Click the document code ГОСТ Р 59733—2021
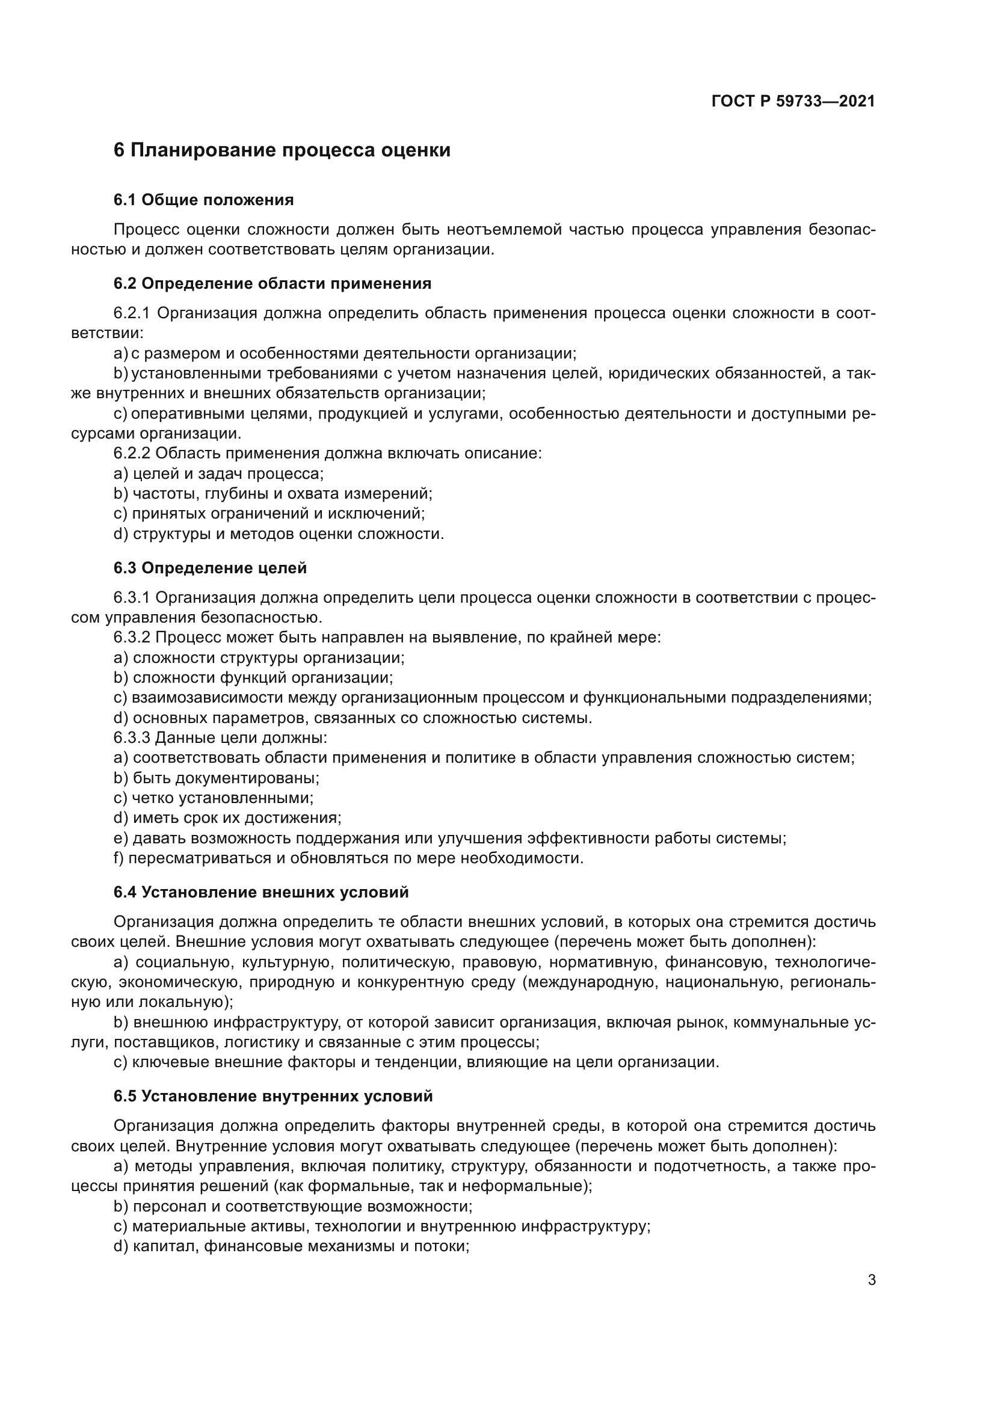click(793, 101)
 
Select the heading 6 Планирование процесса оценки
click(282, 150)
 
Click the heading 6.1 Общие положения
click(203, 200)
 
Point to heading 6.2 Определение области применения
click(272, 283)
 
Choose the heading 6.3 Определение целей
click(209, 568)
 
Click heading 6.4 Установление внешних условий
click(260, 892)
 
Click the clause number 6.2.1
click(132, 313)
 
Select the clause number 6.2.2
click(132, 453)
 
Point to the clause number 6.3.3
click(132, 737)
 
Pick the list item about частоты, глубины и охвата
click(273, 493)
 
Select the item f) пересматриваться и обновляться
click(348, 858)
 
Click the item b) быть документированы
click(217, 778)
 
